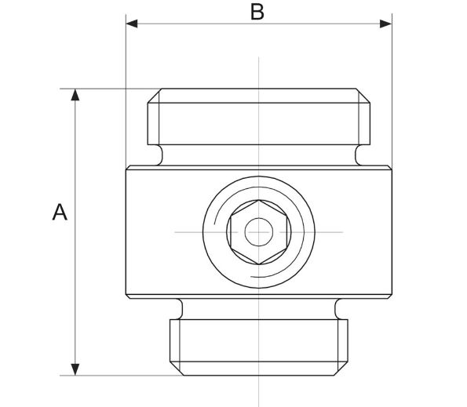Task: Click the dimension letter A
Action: [x=59, y=212]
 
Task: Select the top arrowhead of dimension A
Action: [x=75, y=96]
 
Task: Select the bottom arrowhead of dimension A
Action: [x=75, y=368]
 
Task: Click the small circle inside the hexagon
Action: [x=257, y=233]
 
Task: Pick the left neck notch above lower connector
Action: [x=179, y=306]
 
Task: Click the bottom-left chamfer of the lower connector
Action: [x=175, y=368]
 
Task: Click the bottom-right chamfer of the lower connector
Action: [x=343, y=368]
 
